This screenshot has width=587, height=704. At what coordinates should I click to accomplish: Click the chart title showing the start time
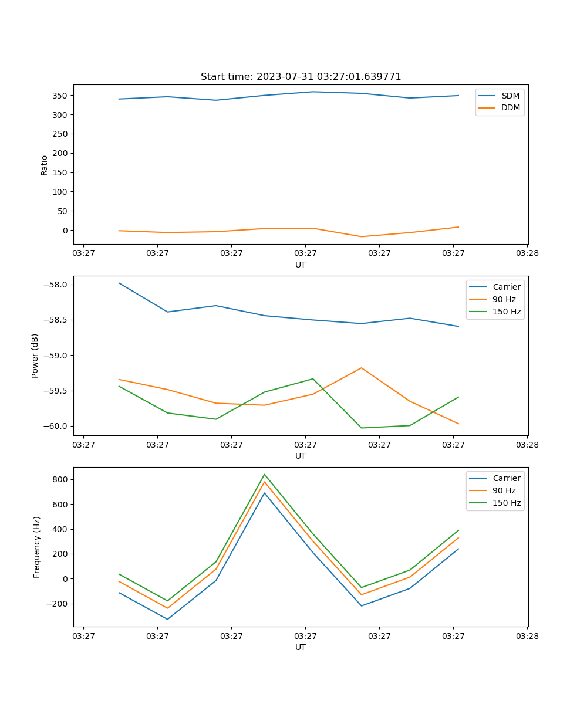[301, 77]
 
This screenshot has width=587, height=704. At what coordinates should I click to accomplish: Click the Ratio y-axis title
[45, 165]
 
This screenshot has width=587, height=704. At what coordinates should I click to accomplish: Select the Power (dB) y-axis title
[35, 356]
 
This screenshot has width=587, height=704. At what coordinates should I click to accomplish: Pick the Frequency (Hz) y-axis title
[36, 547]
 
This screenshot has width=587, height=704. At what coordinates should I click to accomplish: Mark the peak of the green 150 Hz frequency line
[264, 474]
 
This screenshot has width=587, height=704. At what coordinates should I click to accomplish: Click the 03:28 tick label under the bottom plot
[527, 635]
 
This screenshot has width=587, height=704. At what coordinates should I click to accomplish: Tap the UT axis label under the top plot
[301, 265]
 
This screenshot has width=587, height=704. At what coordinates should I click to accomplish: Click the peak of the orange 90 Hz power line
[361, 368]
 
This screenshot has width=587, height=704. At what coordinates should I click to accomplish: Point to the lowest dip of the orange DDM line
[361, 236]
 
